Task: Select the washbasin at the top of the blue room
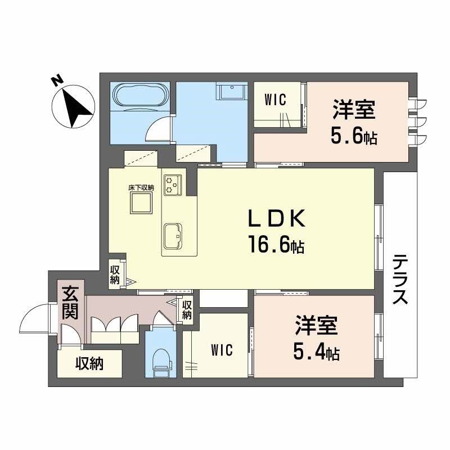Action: click(231, 92)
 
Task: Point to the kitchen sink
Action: click(173, 235)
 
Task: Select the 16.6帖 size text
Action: click(276, 244)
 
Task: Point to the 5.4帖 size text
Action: click(316, 353)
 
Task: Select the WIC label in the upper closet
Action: click(276, 100)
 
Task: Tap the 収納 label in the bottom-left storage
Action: click(90, 364)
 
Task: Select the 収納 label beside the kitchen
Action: click(115, 274)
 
